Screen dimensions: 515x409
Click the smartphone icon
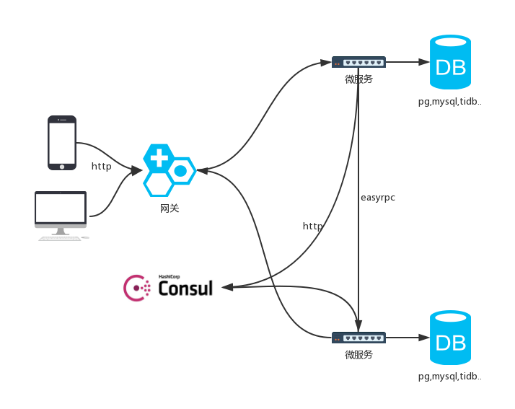coord(62,143)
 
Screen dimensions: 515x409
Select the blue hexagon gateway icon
coord(170,170)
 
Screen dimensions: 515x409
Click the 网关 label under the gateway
coord(170,208)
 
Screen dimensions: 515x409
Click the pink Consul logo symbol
coord(136,288)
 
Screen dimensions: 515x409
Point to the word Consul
coord(185,288)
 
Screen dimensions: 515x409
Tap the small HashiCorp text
coord(170,276)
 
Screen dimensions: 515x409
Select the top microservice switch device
coord(358,62)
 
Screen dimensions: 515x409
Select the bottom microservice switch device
coord(358,338)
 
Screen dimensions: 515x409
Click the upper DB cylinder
coord(450,62)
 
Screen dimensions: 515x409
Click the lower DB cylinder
coord(450,338)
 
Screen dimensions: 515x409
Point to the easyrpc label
coord(378,198)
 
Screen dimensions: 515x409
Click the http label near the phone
coord(101,166)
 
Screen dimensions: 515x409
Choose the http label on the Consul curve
coord(313,226)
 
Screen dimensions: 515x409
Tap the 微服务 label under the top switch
coord(358,79)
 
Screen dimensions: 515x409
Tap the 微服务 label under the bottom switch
coord(358,354)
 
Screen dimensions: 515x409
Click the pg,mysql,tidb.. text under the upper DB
coord(449,102)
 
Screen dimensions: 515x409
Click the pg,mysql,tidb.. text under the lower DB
coord(449,376)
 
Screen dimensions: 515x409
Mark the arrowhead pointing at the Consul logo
coord(228,287)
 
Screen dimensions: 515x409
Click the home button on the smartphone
coord(62,167)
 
